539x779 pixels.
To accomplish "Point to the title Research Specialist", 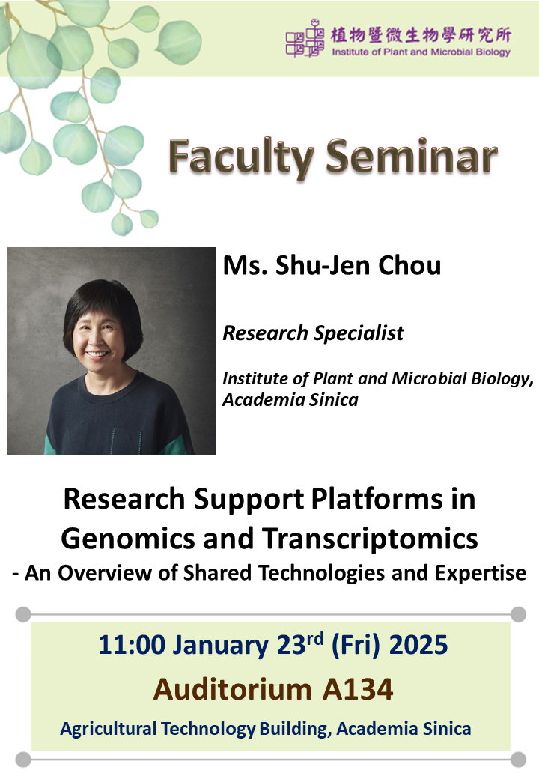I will (313, 333).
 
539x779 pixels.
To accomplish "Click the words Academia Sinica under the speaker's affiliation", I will (290, 399).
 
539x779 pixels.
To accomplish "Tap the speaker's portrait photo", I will (112, 351).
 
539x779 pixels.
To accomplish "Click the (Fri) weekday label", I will (345, 645).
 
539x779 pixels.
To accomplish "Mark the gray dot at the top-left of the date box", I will (22, 615).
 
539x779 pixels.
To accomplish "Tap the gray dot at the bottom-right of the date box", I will (518, 760).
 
